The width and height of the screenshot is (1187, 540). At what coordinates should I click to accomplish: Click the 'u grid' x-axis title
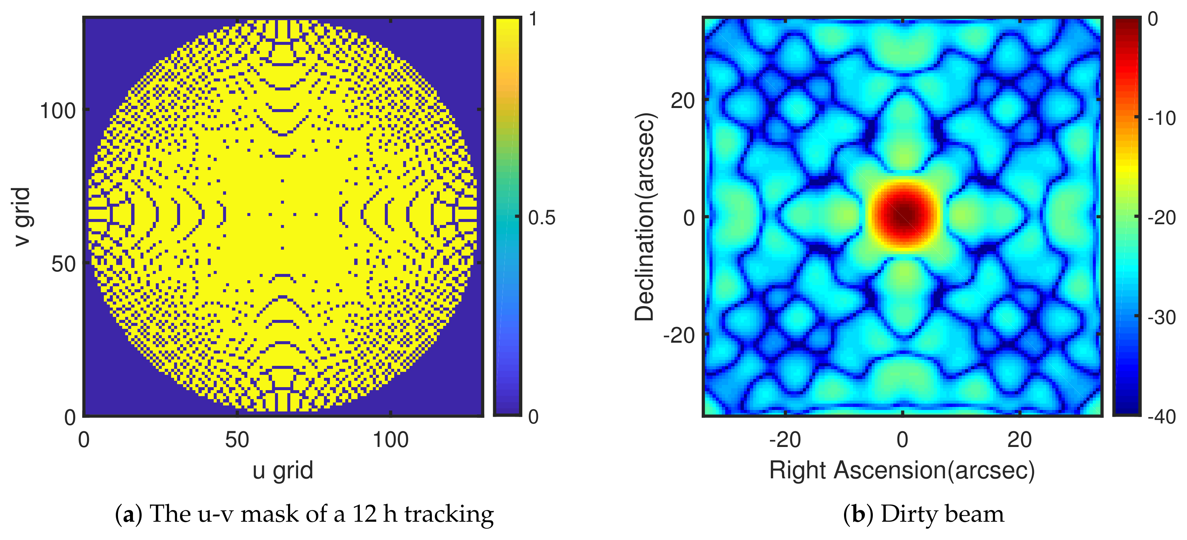point(282,471)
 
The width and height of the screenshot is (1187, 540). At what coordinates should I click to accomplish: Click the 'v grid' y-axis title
point(21,217)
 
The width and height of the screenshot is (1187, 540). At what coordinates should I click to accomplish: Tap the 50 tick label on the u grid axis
point(237,440)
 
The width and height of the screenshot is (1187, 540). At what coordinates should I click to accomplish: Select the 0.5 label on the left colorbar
point(541,218)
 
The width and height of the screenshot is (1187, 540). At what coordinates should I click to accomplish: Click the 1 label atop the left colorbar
point(533,19)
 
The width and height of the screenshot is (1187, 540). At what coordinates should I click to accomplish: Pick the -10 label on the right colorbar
point(1161,118)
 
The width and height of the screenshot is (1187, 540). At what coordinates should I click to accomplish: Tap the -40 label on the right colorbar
point(1161,417)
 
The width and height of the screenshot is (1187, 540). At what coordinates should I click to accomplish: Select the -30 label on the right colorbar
point(1161,317)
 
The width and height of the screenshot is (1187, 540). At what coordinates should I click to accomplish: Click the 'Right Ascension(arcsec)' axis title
point(902,471)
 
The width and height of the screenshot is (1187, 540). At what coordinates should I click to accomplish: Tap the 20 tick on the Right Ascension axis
point(1019,440)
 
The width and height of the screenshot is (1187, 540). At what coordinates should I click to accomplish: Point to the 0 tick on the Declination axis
point(689,217)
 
